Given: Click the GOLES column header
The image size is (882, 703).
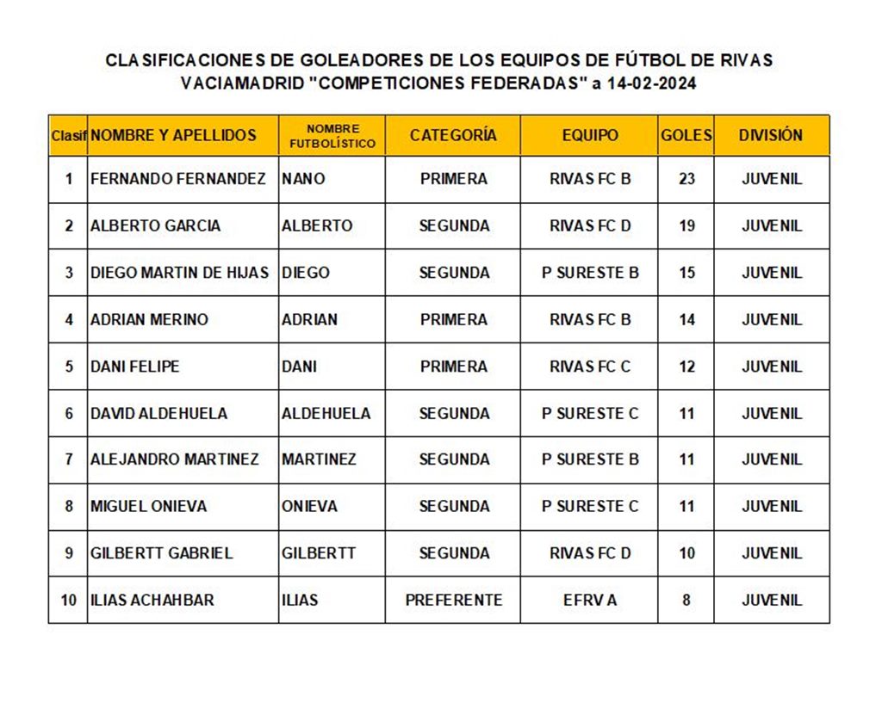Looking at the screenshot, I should coord(686,135).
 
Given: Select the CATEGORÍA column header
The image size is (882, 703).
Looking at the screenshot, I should coord(453,135).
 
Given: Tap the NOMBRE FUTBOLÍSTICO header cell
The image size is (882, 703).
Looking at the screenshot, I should coord(332,136).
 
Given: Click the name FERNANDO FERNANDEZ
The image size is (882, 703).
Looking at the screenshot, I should coord(178,179).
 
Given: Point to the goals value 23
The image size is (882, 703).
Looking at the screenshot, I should coord(686,179).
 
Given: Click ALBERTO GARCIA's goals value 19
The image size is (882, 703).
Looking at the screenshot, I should coord(686,225).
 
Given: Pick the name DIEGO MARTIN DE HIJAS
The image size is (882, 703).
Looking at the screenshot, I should coord(179,273).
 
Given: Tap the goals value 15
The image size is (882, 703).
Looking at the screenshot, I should coord(686,273).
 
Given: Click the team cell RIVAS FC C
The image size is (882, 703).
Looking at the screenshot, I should coord(590,366).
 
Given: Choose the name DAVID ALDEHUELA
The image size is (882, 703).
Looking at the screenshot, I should coord(159,413).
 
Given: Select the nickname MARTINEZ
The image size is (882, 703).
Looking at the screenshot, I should coord(319,459).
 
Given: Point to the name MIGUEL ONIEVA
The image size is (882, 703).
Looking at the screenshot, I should coord(149,506).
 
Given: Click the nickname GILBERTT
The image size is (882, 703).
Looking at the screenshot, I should coord(319,552).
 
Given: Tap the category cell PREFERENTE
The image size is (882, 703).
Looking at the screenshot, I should coord(453,600).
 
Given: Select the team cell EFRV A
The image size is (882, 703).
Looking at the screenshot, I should coord(590,600).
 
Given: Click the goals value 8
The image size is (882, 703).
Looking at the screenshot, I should coord(686,600).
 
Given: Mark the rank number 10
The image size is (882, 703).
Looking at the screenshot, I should coord(68,600).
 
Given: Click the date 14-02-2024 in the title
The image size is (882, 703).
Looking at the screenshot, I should coord(650,83).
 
